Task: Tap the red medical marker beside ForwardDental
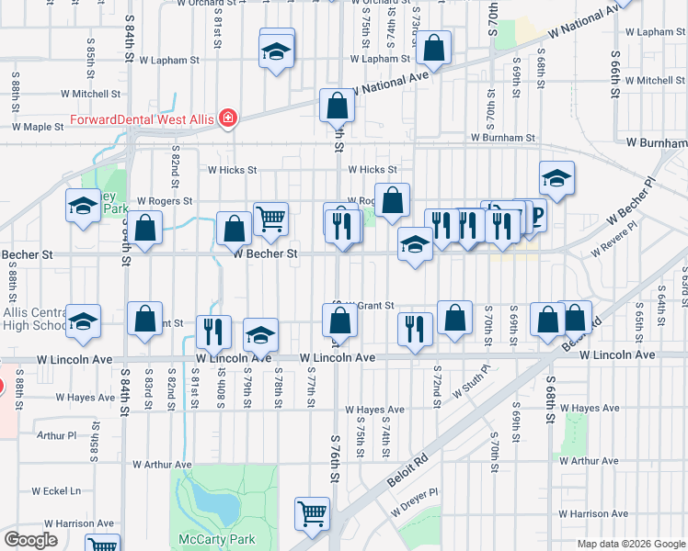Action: tap(227, 119)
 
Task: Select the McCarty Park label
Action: tap(211, 539)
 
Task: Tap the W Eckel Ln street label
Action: tap(55, 491)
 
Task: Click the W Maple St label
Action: tap(37, 127)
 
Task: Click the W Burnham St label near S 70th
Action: tap(502, 138)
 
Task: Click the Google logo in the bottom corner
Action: tap(31, 540)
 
